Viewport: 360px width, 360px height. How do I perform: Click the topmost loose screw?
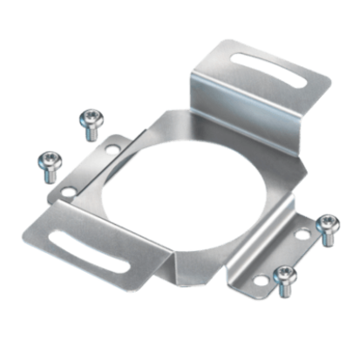click(89, 122)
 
